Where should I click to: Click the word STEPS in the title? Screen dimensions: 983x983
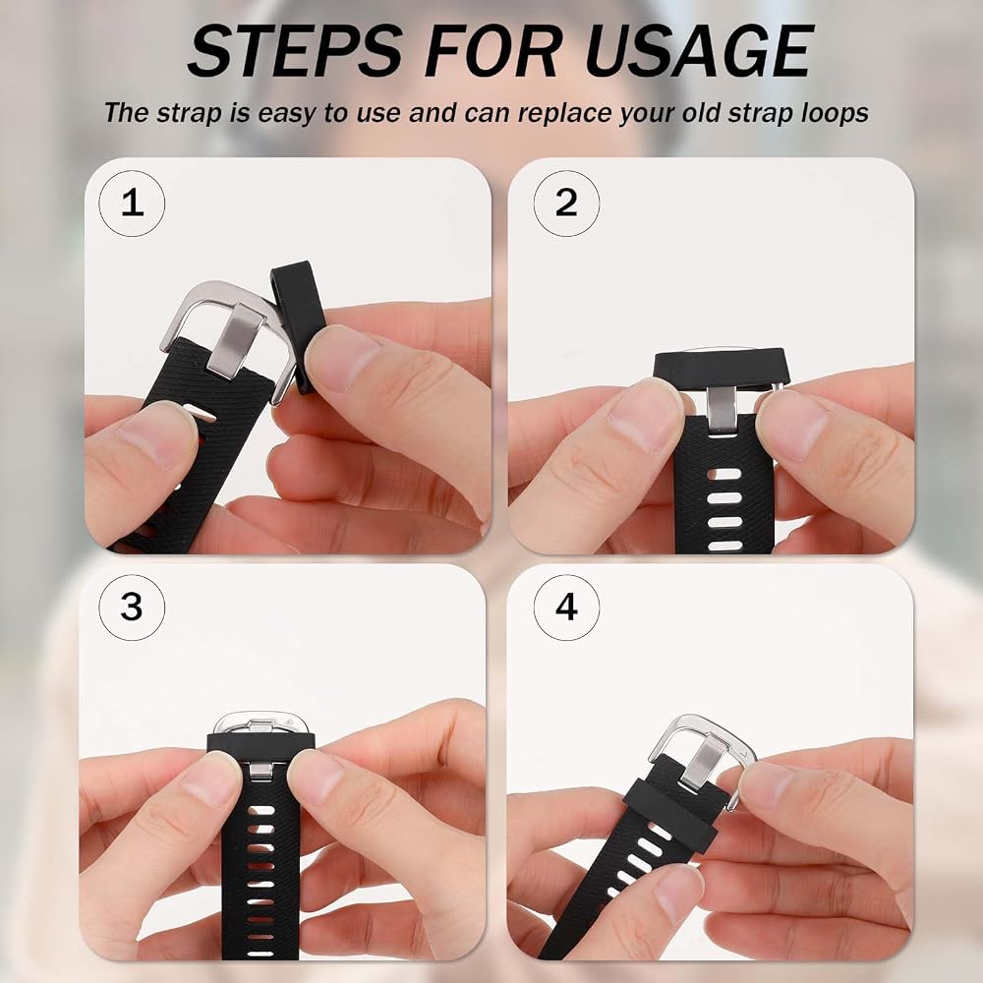pos(296,51)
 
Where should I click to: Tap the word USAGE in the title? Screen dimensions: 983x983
pos(698,51)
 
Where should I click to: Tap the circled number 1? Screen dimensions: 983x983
pos(133,203)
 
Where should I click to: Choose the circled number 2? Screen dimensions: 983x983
pos(566,203)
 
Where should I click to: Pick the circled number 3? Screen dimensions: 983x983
pos(132,607)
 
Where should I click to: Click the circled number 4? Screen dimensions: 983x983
pos(566,607)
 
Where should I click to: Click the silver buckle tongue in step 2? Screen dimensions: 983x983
pos(722,411)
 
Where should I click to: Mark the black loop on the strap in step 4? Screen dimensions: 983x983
pos(670,814)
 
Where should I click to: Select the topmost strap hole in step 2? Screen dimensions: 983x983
pos(724,474)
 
